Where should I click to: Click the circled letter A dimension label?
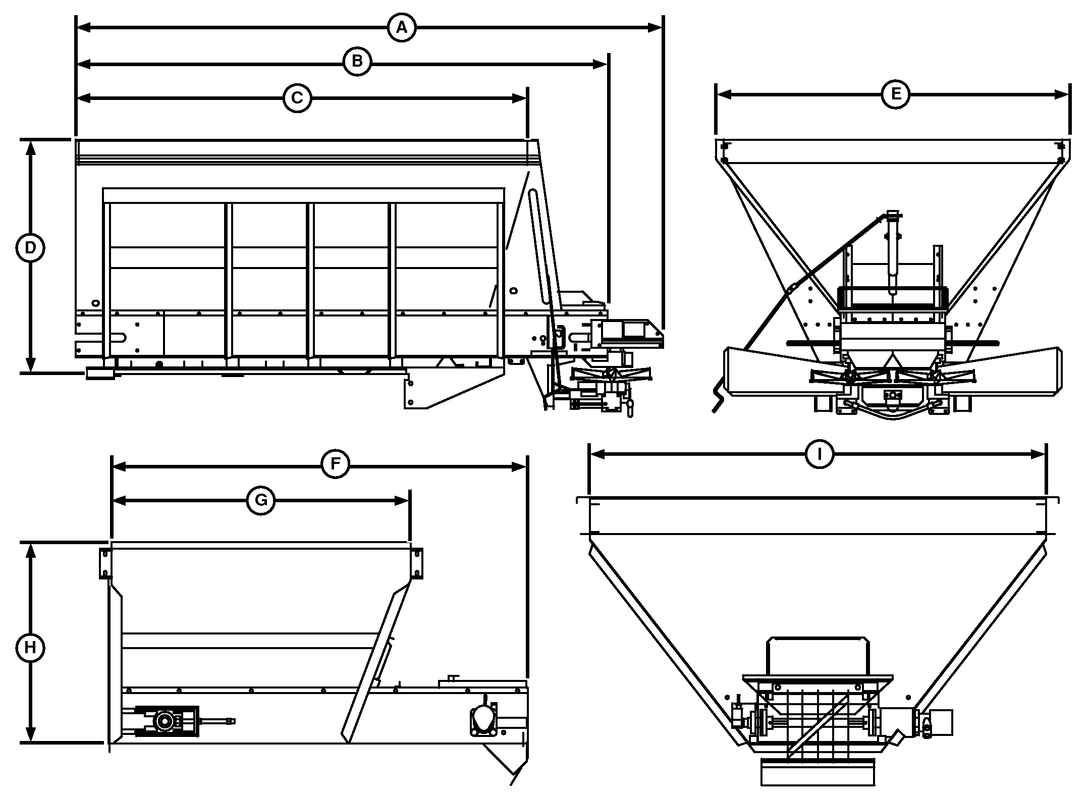pos(402,28)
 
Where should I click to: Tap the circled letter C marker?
pos(297,98)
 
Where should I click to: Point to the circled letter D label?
pos(30,248)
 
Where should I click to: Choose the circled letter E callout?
pos(896,94)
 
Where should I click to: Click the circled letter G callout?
pos(261,500)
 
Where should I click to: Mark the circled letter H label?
pos(30,648)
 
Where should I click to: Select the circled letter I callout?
pos(820,455)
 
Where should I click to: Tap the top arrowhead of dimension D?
pos(31,148)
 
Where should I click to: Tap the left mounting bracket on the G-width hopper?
pos(105,563)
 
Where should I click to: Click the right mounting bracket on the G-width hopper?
pos(417,563)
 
